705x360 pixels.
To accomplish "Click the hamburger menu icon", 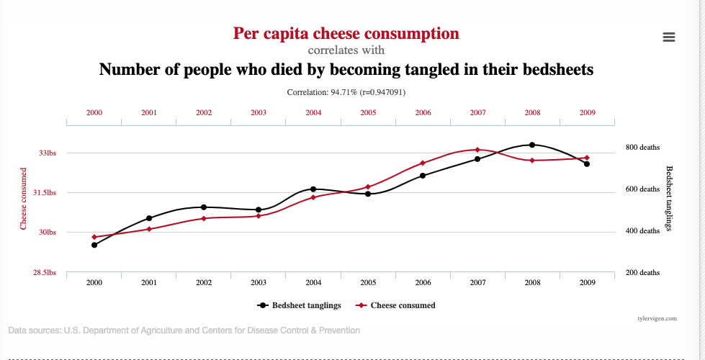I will click(x=668, y=37).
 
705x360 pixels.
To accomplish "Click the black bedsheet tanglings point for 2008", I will click(x=532, y=145).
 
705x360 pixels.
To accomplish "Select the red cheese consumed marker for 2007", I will click(x=477, y=150).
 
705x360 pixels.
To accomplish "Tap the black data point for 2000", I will click(x=94, y=245).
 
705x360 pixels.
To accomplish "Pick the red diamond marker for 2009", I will click(x=587, y=158).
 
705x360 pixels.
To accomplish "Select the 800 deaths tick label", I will click(x=642, y=148).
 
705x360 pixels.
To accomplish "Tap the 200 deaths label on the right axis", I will click(x=642, y=273).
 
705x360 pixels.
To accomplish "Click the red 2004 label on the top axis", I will click(x=313, y=113).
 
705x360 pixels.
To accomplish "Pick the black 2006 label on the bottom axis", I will click(x=423, y=283).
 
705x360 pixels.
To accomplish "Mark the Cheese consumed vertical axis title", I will click(x=24, y=199).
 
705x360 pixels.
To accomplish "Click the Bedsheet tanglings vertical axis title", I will click(x=669, y=199).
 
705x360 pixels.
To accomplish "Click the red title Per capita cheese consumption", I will click(x=346, y=34).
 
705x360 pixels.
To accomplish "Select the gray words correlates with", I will click(x=346, y=50).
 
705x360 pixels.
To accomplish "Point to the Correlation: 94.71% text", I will click(x=346, y=92).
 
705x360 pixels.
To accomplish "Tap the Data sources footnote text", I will click(x=184, y=330).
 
